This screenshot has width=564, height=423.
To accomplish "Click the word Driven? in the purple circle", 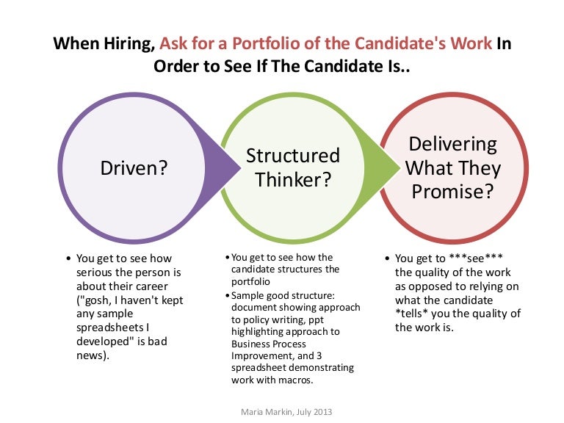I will pos(134,168).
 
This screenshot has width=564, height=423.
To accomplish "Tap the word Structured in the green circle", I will pos(293,156).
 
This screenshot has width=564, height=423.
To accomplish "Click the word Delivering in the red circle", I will pos(452,144).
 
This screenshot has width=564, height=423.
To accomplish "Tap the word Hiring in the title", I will pos(129,43).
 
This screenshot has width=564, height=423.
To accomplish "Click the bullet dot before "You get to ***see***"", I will pos(387,258).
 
